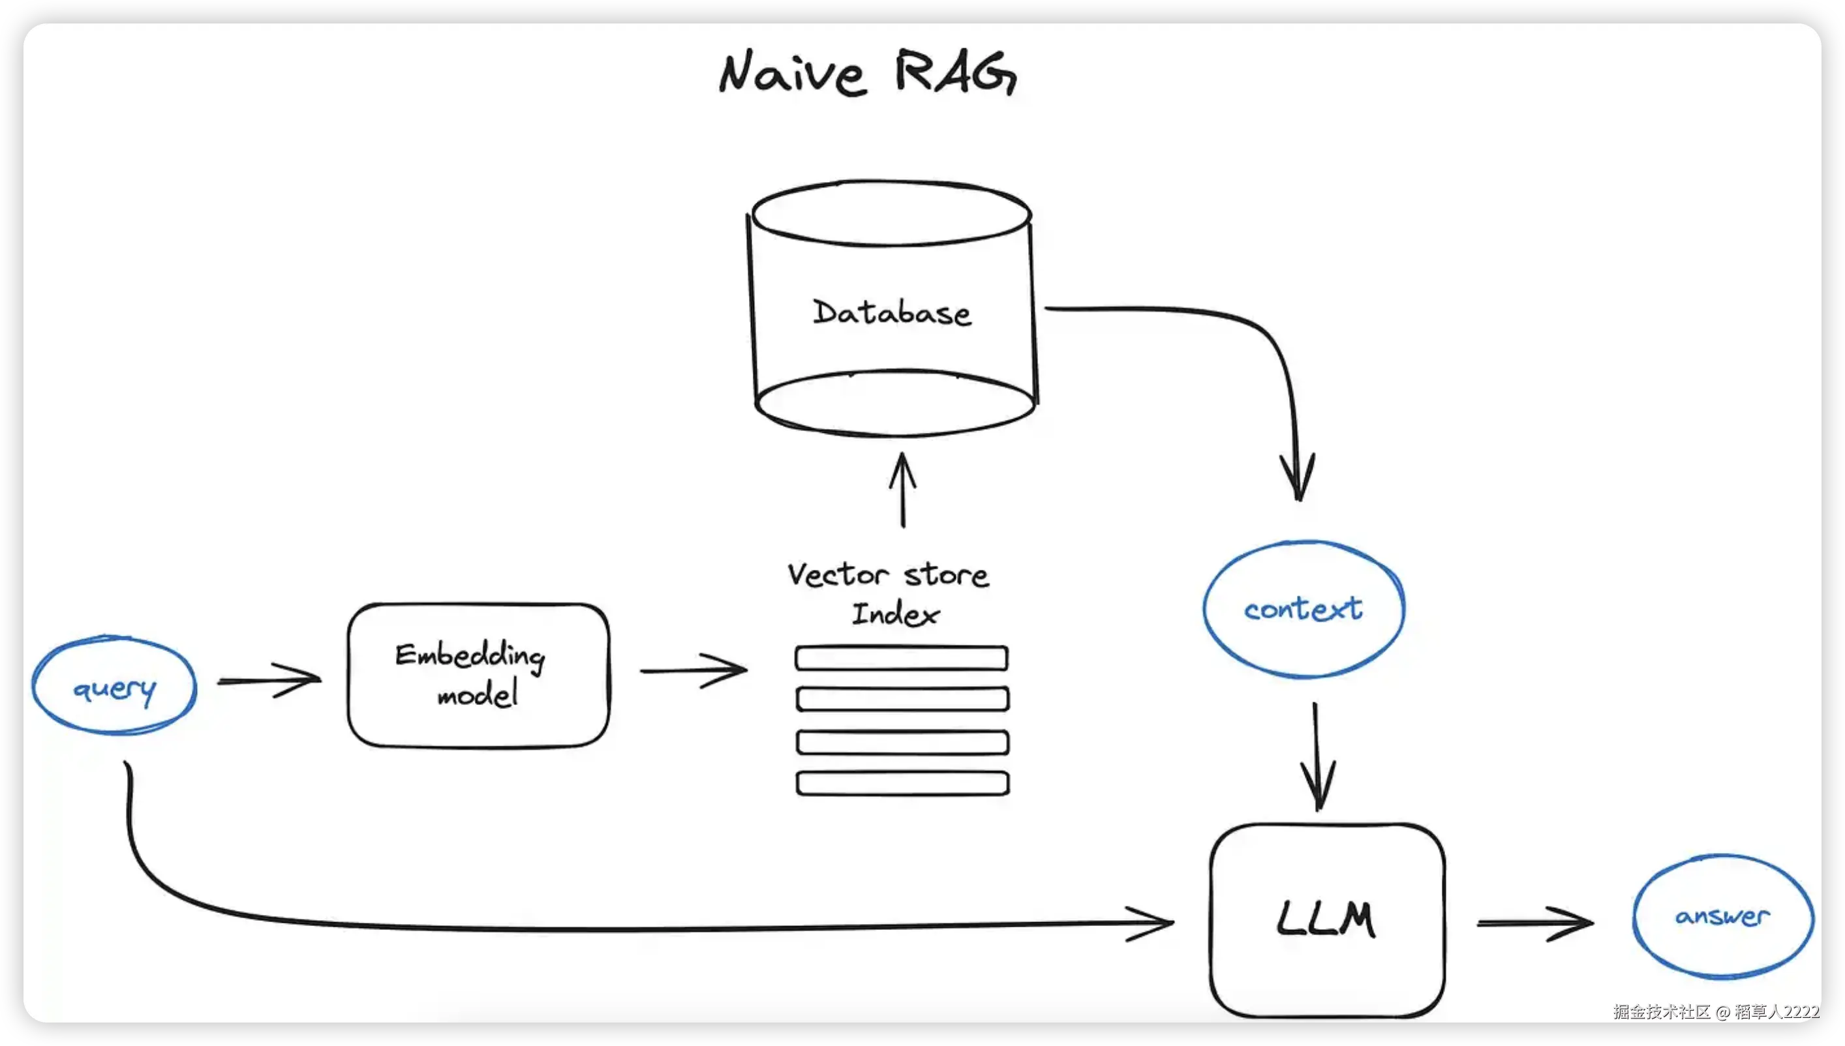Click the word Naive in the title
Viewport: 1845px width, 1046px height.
[x=793, y=73]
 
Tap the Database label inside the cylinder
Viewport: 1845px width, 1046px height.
[x=892, y=312]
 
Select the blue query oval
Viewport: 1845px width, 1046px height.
[x=114, y=686]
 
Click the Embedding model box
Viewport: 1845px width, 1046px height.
[x=478, y=676]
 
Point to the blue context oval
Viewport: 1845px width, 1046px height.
[x=1304, y=609]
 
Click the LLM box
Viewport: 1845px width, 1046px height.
[x=1327, y=919]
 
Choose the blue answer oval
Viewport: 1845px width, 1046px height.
[x=1723, y=916]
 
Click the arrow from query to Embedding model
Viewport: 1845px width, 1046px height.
[x=270, y=680]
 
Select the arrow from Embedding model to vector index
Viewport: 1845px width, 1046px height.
[x=694, y=670]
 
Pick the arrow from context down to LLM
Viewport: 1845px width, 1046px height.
[x=1317, y=757]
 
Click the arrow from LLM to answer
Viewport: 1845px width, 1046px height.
[x=1535, y=923]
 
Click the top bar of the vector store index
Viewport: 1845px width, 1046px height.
[x=902, y=658]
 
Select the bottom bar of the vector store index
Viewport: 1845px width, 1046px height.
[x=902, y=783]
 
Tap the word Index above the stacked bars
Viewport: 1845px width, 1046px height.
[x=896, y=614]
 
